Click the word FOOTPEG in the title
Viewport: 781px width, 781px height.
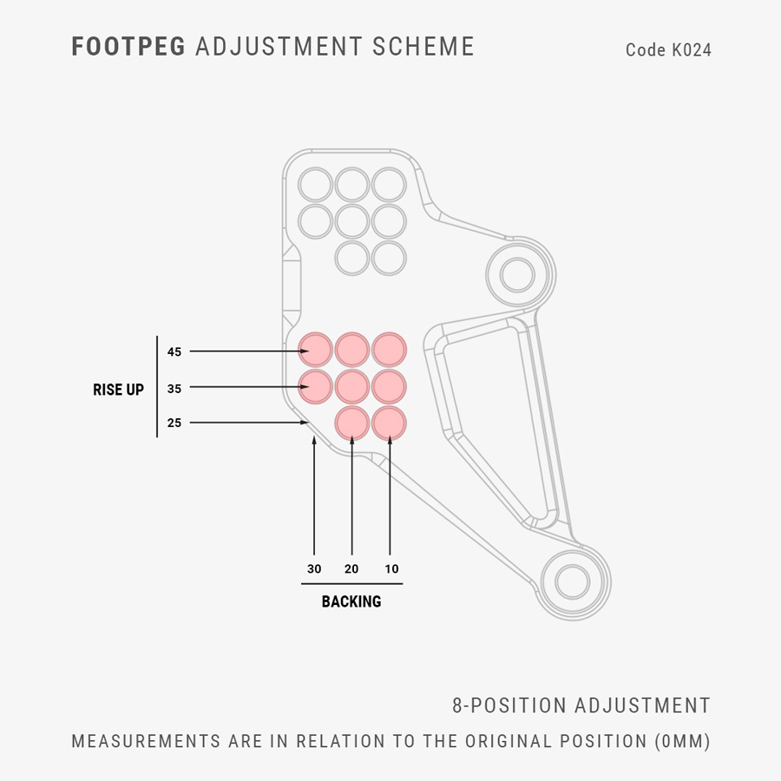point(128,47)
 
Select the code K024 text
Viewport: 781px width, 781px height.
point(668,50)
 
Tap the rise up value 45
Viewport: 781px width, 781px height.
point(174,351)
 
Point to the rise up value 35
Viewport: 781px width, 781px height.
point(174,389)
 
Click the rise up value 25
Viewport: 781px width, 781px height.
point(174,423)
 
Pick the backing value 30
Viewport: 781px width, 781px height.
point(314,569)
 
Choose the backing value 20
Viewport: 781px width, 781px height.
point(351,569)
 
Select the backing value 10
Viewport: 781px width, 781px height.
point(391,569)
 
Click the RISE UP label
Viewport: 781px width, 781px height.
point(118,390)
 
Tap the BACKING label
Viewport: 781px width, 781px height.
point(351,601)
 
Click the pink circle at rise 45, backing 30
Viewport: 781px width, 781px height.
point(315,349)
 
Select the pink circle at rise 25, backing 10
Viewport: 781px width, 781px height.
point(389,423)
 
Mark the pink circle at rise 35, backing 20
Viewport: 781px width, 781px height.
point(352,385)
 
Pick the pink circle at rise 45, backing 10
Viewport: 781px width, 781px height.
point(389,349)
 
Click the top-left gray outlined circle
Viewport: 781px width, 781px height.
point(315,185)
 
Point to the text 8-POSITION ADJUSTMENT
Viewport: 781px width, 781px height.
point(581,706)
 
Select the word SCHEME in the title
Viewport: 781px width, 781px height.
point(423,47)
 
